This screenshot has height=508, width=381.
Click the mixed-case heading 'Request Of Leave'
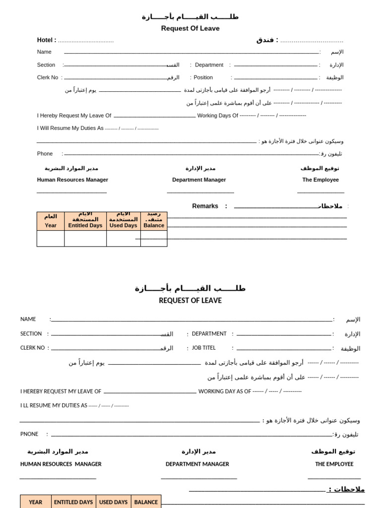190,28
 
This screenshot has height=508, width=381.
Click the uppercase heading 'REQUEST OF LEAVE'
190,301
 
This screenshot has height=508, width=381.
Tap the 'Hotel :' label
47,40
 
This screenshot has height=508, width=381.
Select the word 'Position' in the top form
203,77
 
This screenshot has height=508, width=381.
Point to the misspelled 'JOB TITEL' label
204,348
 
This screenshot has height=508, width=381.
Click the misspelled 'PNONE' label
29,434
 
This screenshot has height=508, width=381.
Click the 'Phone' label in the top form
45,154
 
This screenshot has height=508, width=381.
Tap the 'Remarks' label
205,206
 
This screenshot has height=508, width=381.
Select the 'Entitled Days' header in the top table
85,225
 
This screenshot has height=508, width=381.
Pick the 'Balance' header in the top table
154,225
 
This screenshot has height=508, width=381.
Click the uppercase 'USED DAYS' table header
114,502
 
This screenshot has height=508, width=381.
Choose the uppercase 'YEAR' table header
36,502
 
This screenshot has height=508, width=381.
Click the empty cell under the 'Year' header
51,239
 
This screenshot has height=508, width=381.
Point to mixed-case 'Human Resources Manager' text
72,180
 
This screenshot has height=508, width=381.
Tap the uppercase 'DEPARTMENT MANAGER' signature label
197,464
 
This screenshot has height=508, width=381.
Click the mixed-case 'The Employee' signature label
320,180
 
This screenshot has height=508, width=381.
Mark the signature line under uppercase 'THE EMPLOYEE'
334,478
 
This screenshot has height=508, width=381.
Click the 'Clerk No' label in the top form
48,77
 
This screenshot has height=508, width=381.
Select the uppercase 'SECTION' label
31,334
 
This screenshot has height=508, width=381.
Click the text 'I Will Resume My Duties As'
70,128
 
